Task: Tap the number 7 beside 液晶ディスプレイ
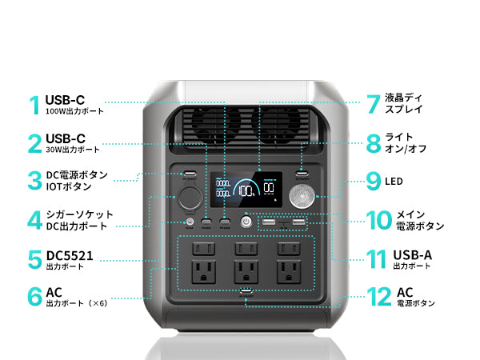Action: pyautogui.click(x=372, y=104)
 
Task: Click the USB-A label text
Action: pyautogui.click(x=412, y=254)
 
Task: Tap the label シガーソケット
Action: pyautogui.click(x=79, y=214)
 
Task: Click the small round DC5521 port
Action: pyautogui.click(x=190, y=222)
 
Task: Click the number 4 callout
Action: pyautogui.click(x=34, y=220)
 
